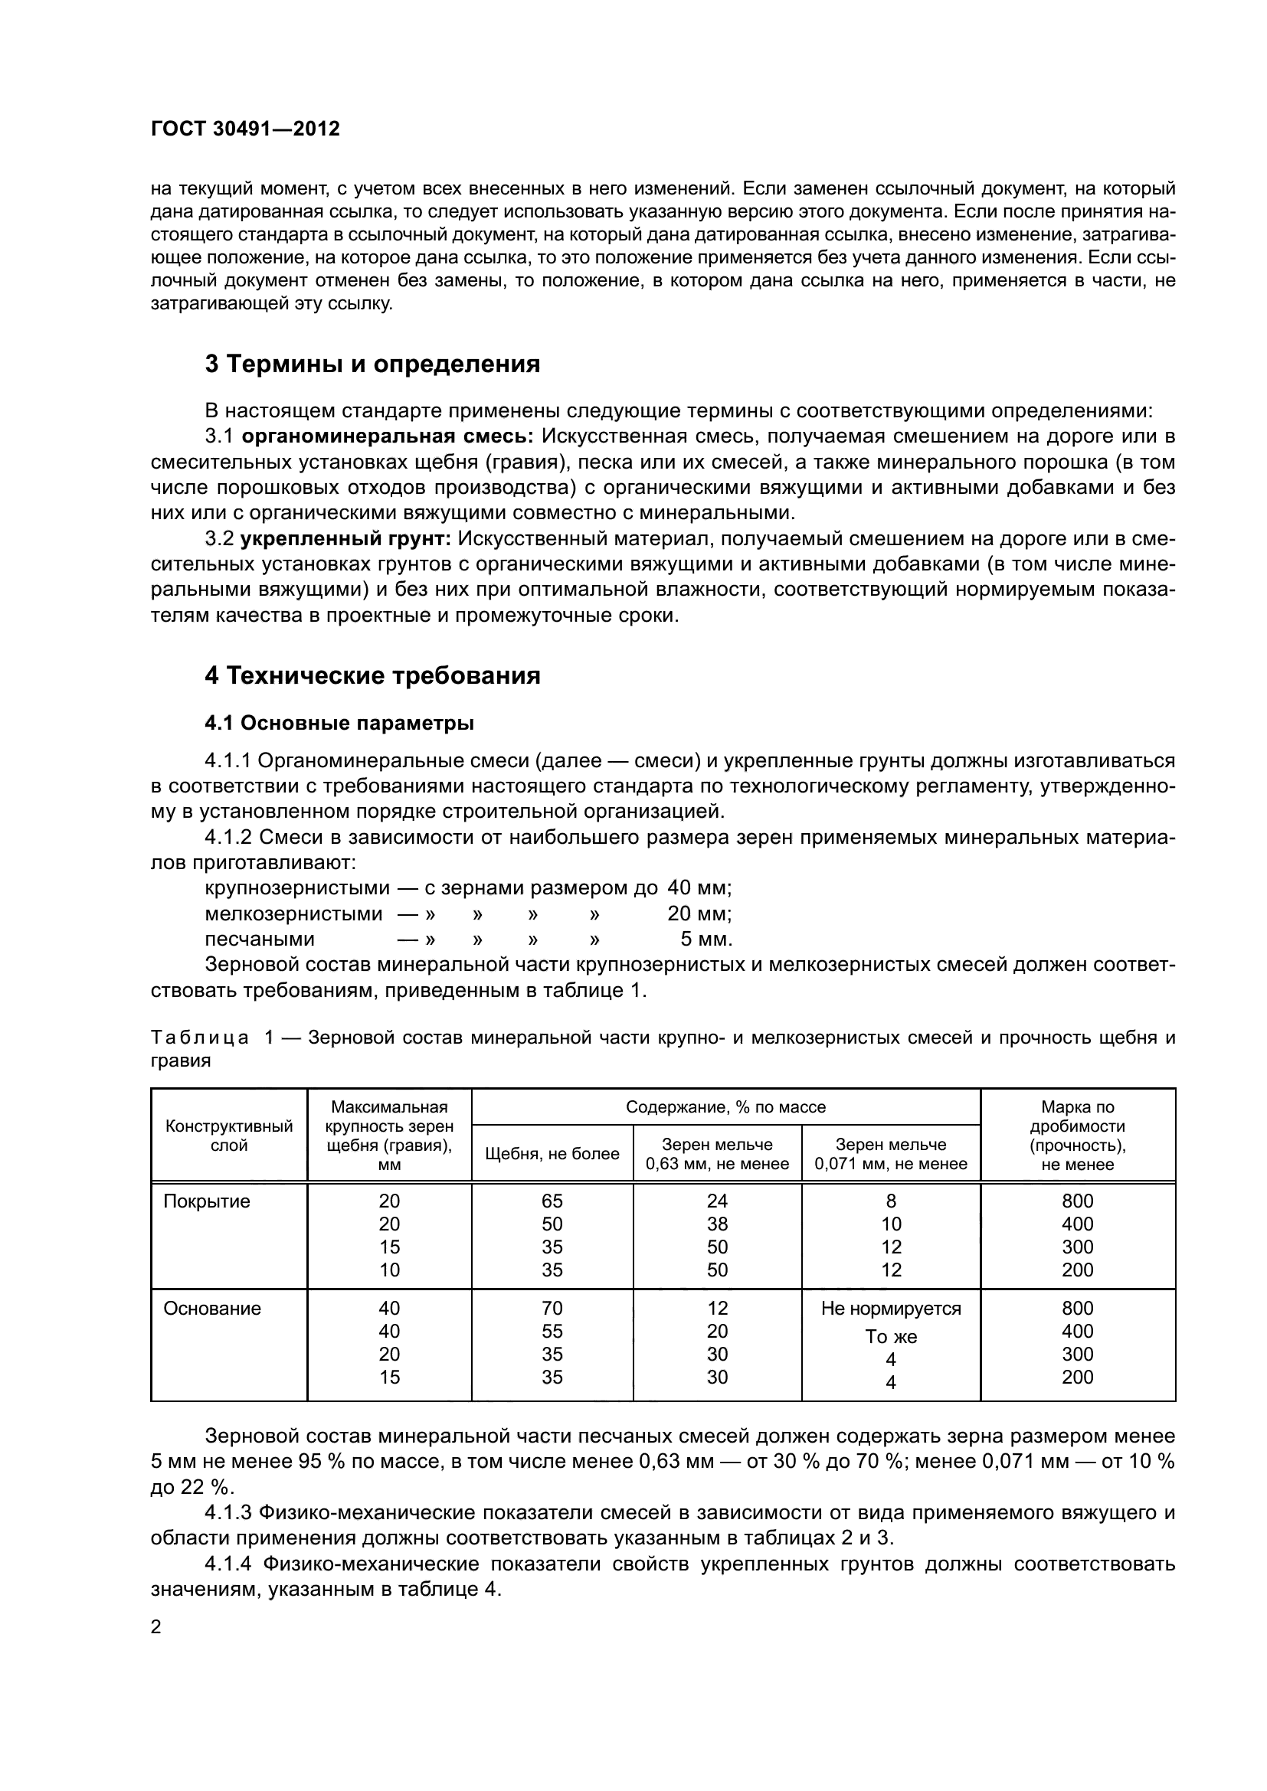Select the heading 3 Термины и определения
click(x=372, y=364)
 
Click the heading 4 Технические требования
click(x=372, y=675)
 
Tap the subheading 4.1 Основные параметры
click(x=339, y=723)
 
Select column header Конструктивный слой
click(x=228, y=1136)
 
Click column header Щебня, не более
click(x=552, y=1154)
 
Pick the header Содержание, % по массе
click(x=725, y=1107)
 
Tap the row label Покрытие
click(x=207, y=1201)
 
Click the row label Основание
click(x=211, y=1308)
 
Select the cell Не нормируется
click(x=890, y=1308)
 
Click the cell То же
click(x=890, y=1336)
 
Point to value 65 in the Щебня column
click(x=552, y=1201)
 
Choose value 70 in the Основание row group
click(x=552, y=1308)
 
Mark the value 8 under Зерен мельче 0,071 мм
click(x=890, y=1201)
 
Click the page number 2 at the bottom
click(x=156, y=1627)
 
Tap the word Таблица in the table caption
click(x=200, y=1038)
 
